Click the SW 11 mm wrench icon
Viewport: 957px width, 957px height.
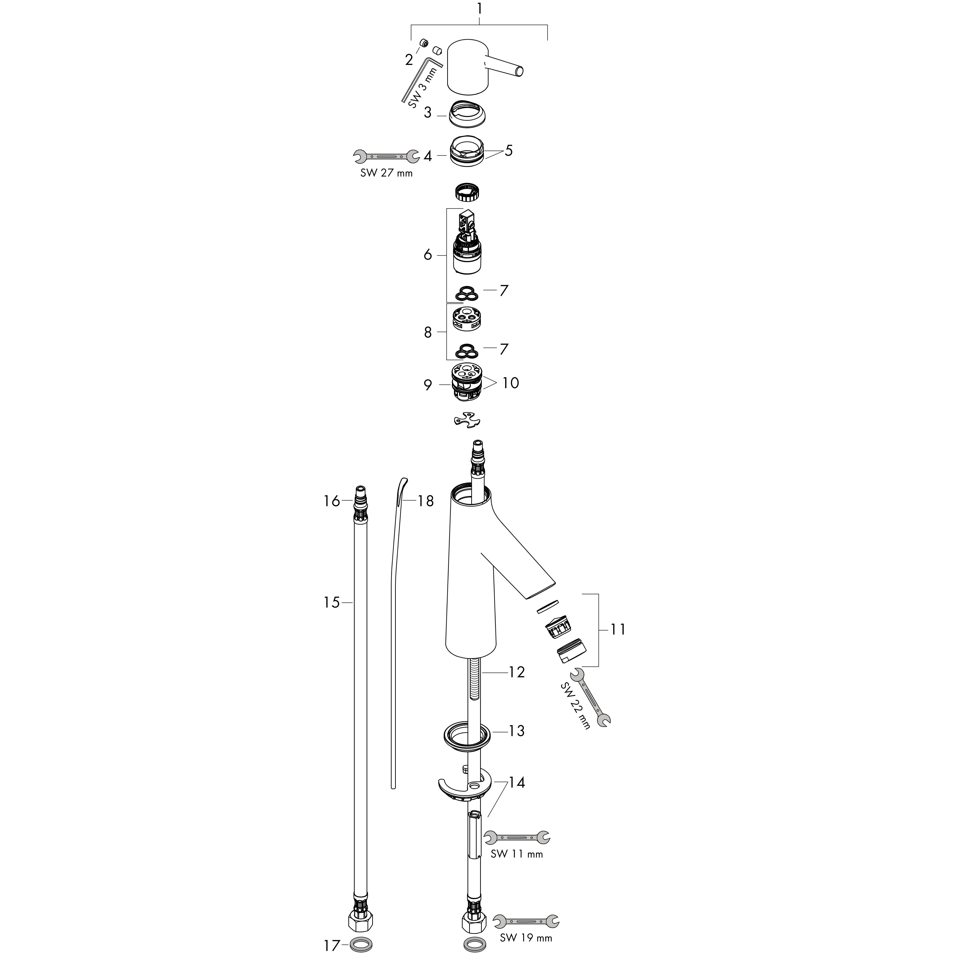click(x=517, y=838)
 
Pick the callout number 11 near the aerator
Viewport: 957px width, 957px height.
click(x=618, y=630)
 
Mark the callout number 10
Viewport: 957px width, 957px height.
click(x=511, y=383)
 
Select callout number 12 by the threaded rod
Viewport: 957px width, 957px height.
click(x=517, y=672)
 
